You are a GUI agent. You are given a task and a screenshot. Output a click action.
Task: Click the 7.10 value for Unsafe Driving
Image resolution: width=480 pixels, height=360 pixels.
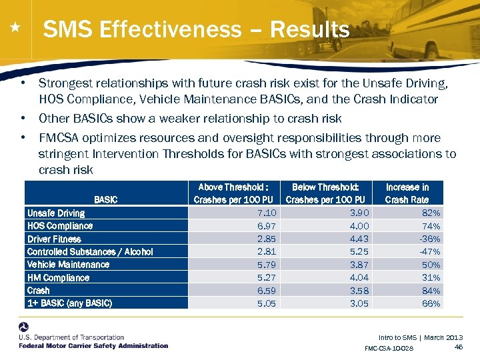pyautogui.click(x=267, y=213)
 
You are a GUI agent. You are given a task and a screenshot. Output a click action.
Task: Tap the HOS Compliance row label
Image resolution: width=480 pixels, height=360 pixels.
pyautogui.click(x=60, y=226)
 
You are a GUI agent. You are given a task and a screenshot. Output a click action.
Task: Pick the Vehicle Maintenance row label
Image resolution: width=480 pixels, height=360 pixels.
pyautogui.click(x=68, y=265)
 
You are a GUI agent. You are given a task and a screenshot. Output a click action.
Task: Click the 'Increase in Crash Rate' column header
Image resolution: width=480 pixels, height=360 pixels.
pyautogui.click(x=407, y=193)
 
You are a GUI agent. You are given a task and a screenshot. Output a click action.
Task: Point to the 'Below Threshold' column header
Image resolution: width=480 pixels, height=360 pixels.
pyautogui.click(x=325, y=193)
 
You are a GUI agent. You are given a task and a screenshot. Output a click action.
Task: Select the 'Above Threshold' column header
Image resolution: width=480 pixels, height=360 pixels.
pyautogui.click(x=233, y=193)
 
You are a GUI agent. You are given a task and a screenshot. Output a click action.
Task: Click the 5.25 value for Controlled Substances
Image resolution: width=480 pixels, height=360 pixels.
pyautogui.click(x=359, y=252)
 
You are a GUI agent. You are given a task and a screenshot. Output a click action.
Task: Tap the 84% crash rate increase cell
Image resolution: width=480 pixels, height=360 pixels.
pyautogui.click(x=431, y=291)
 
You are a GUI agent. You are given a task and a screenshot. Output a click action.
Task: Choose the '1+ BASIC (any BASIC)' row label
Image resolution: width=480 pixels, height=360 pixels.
pyautogui.click(x=69, y=303)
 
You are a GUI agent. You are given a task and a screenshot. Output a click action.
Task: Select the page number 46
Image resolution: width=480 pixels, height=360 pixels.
pyautogui.click(x=458, y=347)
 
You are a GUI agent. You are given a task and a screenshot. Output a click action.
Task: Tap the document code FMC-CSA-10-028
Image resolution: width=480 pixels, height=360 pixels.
pyautogui.click(x=389, y=349)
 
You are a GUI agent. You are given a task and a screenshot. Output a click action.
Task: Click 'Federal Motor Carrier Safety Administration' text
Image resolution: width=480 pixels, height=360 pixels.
pyautogui.click(x=93, y=345)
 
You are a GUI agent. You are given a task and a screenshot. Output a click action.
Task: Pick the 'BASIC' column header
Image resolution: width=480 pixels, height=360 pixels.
pyautogui.click(x=105, y=199)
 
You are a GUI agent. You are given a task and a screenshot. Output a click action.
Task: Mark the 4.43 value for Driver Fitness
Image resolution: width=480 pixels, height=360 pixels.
pyautogui.click(x=359, y=239)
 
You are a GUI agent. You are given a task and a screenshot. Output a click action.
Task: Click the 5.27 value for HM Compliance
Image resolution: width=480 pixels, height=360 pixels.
pyautogui.click(x=267, y=277)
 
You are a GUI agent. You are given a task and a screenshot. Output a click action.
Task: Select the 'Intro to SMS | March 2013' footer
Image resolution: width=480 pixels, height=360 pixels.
pyautogui.click(x=420, y=338)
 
